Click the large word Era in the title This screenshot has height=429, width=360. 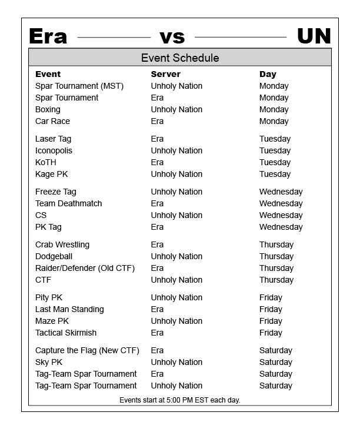(48, 36)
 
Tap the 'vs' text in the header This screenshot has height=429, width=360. (172, 37)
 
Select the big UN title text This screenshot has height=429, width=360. (314, 36)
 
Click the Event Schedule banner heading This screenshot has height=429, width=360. (180, 58)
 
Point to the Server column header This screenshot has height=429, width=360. (165, 74)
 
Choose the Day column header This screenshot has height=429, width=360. (268, 74)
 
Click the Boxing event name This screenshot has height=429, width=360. (48, 109)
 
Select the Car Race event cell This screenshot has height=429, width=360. (52, 121)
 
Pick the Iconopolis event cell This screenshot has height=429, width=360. (54, 150)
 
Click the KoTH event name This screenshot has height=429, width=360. (46, 162)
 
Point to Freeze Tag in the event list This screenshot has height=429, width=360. (56, 192)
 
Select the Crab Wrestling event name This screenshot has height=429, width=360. (62, 244)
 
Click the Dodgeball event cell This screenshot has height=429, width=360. (54, 256)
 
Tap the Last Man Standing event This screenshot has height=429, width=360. (69, 309)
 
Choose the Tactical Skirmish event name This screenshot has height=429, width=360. (66, 333)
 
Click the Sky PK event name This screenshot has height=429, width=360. (49, 362)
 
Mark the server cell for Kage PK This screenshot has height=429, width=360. (176, 174)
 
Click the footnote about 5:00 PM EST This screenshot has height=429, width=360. (180, 400)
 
